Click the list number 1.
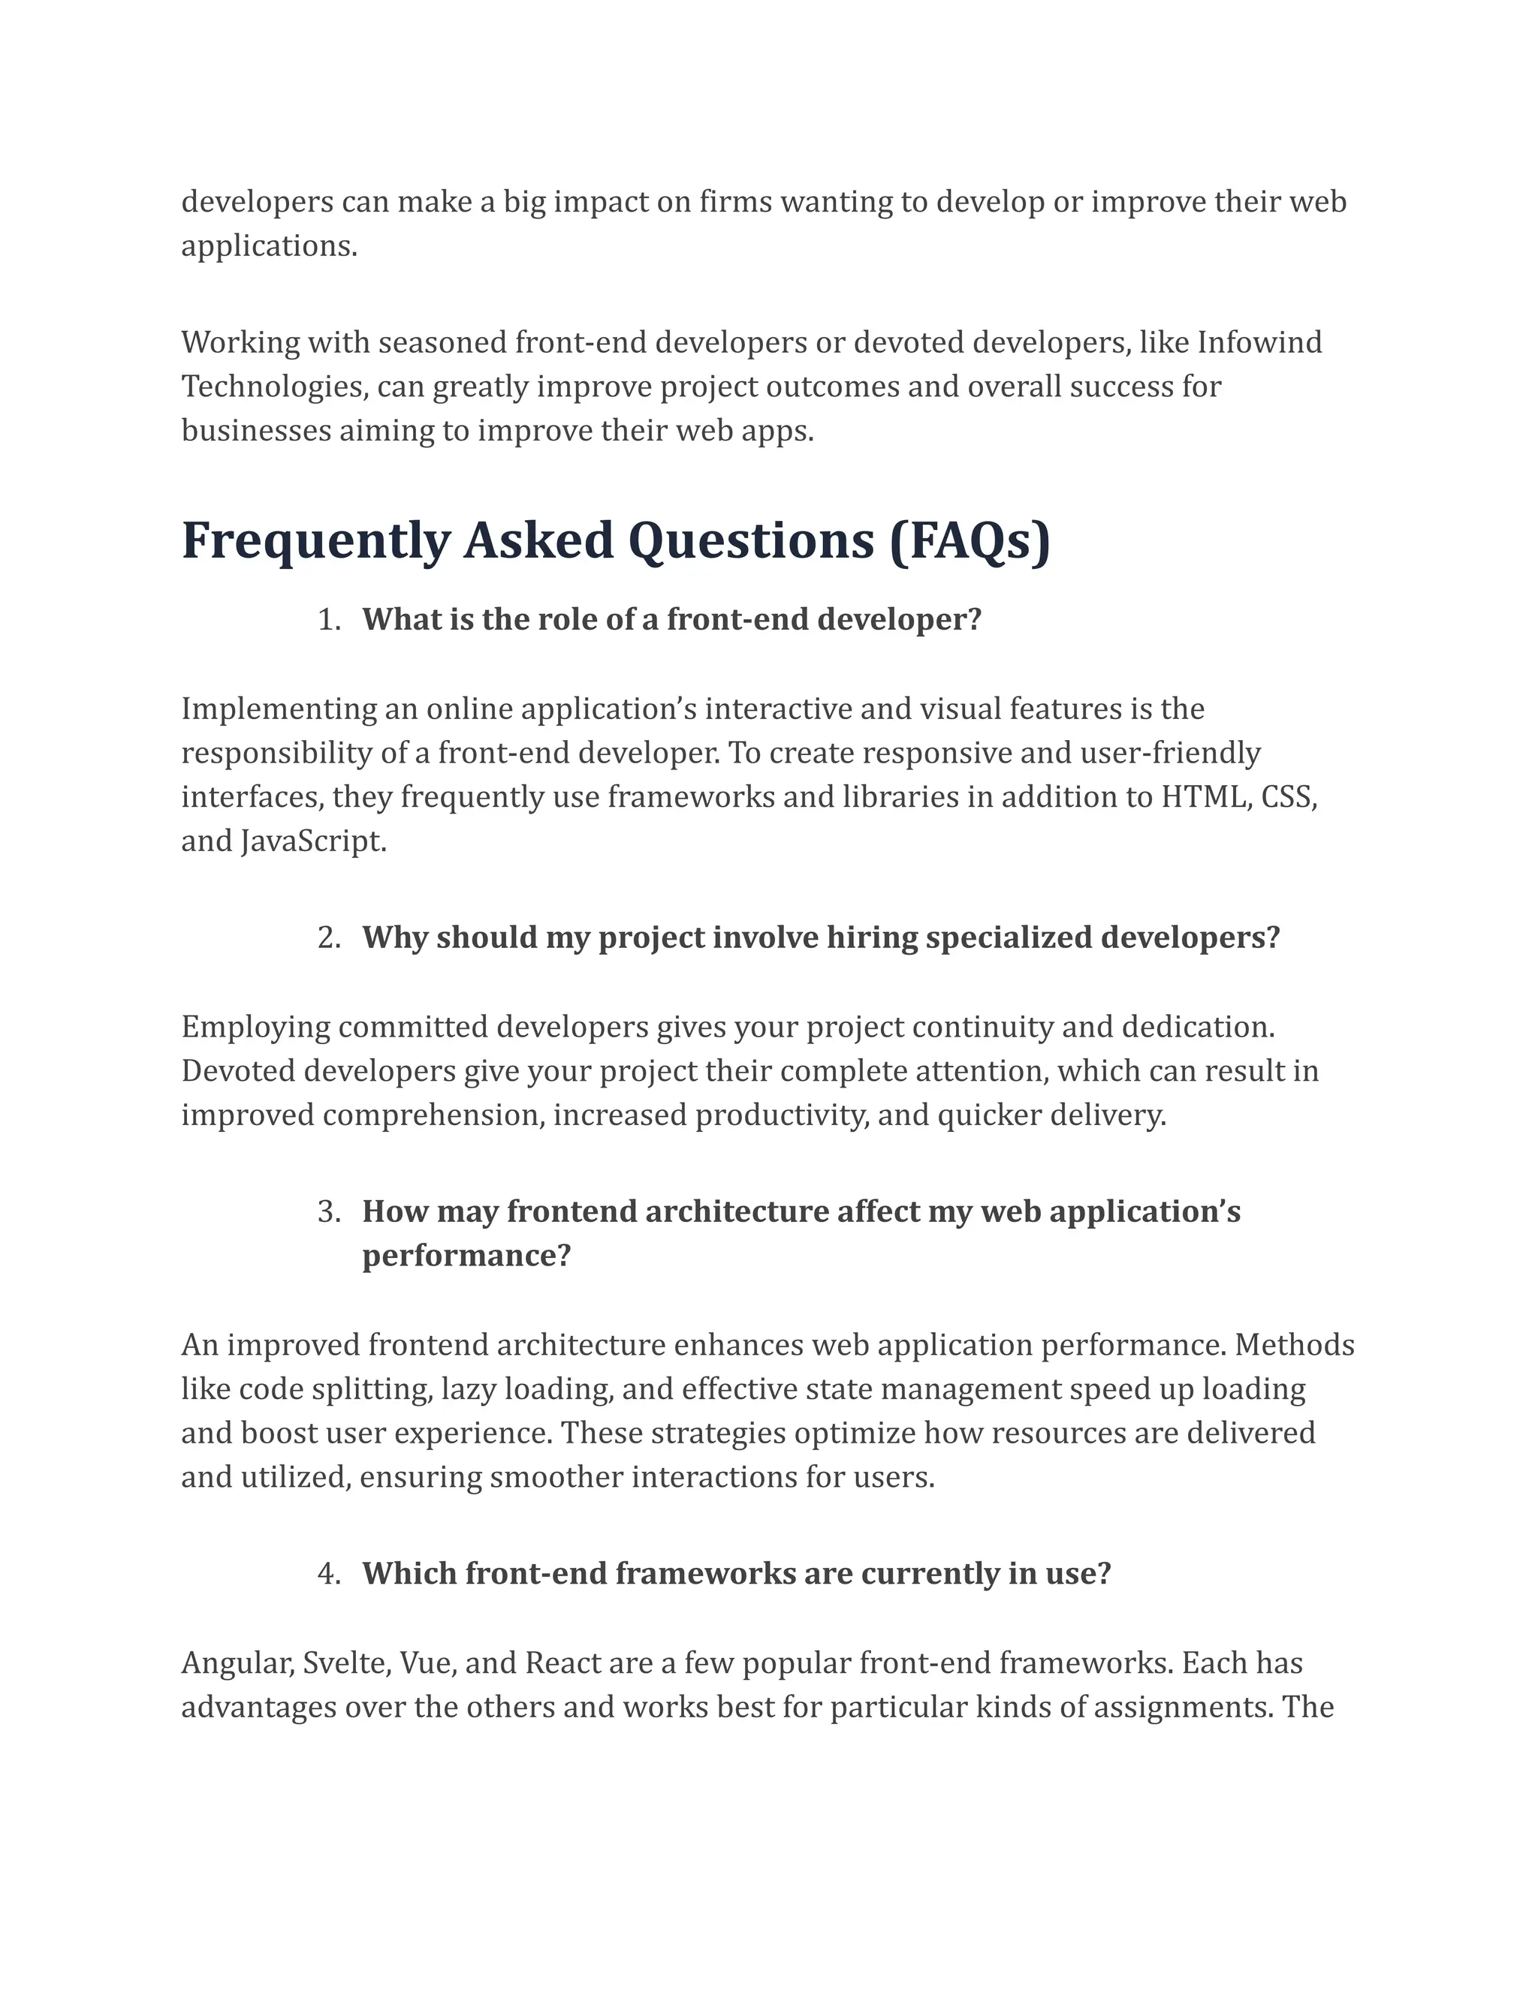[328, 620]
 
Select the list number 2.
[328, 938]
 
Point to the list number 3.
[328, 1212]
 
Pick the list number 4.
[328, 1575]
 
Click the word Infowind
[1259, 343]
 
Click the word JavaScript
[315, 841]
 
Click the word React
[562, 1664]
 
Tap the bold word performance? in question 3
[466, 1256]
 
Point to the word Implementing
[278, 709]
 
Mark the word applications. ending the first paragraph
[269, 247]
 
